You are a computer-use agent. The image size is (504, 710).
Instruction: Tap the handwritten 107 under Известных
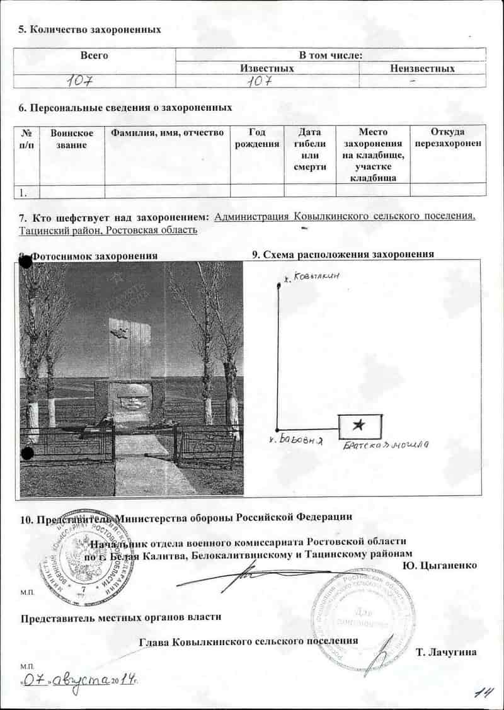point(260,81)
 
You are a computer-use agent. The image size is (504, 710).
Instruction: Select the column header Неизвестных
point(422,69)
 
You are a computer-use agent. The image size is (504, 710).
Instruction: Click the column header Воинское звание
point(72,139)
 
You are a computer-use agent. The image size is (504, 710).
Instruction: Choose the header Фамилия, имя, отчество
point(167,133)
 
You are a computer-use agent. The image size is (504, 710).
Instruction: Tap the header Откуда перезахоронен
point(448,138)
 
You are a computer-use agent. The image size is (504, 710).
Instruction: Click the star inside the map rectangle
point(360,426)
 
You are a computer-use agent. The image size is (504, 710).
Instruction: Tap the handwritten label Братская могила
point(386,446)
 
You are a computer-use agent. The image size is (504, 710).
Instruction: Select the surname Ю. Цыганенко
point(439,565)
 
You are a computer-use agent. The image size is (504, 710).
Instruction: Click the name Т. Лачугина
point(446,652)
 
